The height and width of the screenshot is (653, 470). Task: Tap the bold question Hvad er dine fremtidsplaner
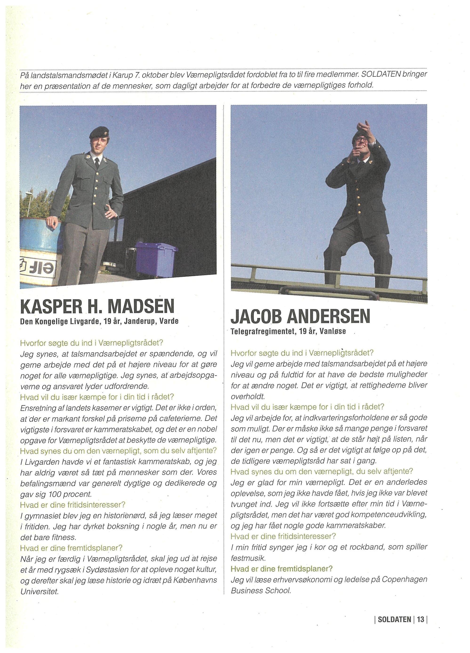tap(282, 569)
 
